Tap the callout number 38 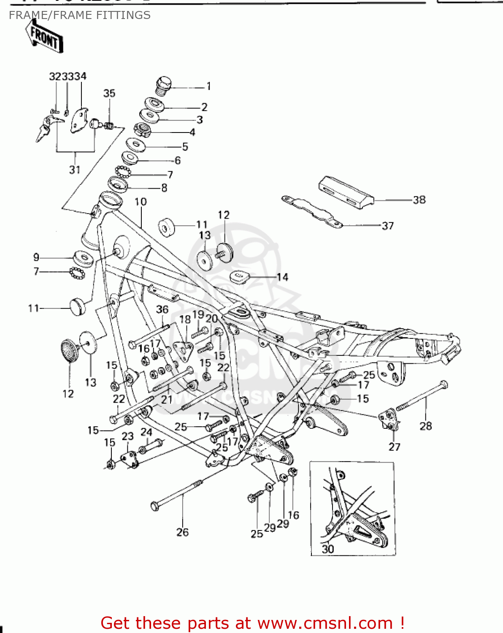419,200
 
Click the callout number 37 387,226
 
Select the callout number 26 182,532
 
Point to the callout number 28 425,426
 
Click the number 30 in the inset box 328,549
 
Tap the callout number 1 208,86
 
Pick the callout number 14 282,277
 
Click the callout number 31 75,170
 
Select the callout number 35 109,93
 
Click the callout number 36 162,309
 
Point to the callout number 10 141,202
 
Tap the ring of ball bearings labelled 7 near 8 123,172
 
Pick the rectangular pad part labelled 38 346,191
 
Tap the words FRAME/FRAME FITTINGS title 80,15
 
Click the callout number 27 394,446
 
